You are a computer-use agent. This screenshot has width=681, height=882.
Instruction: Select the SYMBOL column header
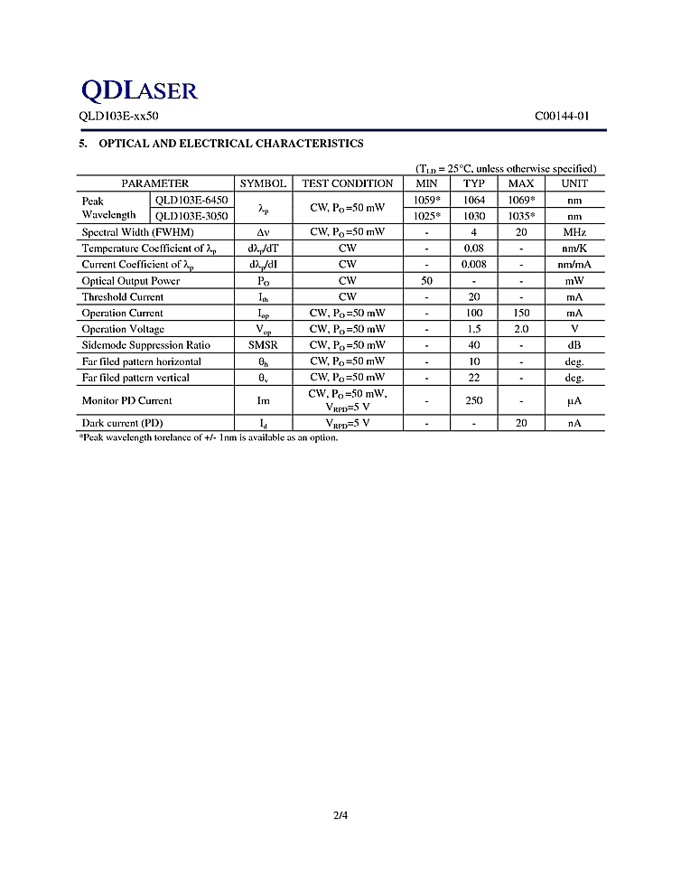(263, 183)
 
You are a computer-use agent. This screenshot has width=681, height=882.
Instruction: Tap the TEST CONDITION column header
(348, 183)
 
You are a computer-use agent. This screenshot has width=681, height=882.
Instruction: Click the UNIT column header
(574, 183)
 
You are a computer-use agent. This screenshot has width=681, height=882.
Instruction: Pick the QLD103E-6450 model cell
(191, 200)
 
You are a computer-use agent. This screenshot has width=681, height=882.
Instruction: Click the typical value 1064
(474, 200)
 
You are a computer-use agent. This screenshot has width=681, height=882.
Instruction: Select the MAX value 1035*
(521, 216)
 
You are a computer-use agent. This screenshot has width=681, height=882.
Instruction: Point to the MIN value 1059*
(426, 200)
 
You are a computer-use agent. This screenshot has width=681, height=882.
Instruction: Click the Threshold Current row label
(123, 296)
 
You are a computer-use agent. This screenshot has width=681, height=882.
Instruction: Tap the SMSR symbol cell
(263, 345)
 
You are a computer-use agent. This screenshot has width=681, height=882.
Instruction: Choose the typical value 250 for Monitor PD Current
(474, 400)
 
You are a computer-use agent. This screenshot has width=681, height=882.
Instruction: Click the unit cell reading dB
(574, 345)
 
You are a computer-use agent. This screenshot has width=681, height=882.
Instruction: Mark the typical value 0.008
(474, 265)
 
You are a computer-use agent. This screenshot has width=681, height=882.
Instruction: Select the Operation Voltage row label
(123, 329)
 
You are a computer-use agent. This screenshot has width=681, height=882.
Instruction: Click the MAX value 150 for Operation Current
(521, 313)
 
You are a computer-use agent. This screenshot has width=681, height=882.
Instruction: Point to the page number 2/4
(340, 816)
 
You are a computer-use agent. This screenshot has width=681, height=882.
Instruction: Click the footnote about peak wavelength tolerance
(209, 438)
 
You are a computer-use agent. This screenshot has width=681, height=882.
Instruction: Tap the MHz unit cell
(574, 232)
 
